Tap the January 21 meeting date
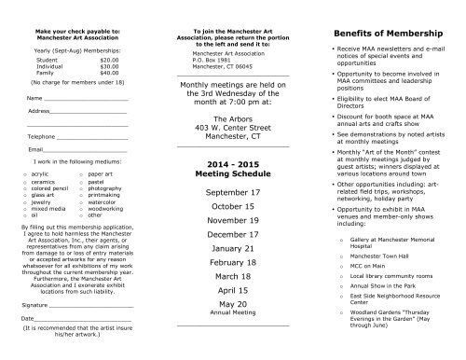232,250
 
